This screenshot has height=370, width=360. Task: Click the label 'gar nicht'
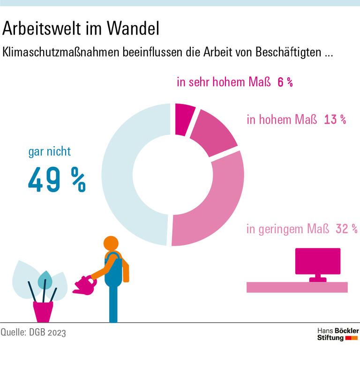pos(49,152)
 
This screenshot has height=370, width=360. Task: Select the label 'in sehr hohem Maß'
pos(224,82)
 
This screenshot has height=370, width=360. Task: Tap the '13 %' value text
pos(335,119)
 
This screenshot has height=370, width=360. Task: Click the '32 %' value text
pos(346,229)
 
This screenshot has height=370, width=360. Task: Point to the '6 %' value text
pos(285,82)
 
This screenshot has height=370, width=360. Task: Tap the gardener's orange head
pos(111,244)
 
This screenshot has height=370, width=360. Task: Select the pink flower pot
pos(43,311)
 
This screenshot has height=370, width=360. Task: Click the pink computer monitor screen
pos(317,261)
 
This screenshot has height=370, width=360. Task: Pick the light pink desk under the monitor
pos(297,287)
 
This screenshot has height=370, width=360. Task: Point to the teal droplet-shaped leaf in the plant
pos(45,279)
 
